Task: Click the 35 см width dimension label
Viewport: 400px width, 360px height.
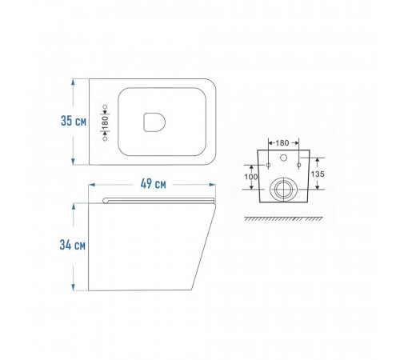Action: [x=74, y=121]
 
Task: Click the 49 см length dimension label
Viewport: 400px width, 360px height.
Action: [x=154, y=184]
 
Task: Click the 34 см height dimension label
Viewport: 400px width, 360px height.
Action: [x=73, y=245]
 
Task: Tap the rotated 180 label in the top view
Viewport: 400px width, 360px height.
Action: [x=106, y=122]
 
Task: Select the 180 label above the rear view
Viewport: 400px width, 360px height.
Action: [x=282, y=143]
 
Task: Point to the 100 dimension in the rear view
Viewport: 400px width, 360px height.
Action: [x=251, y=177]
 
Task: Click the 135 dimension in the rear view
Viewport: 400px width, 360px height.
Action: [x=318, y=174]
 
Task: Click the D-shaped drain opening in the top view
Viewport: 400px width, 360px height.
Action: [x=154, y=122]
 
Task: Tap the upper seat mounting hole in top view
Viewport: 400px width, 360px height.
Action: [x=105, y=107]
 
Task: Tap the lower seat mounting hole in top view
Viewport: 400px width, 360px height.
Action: [x=105, y=138]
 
